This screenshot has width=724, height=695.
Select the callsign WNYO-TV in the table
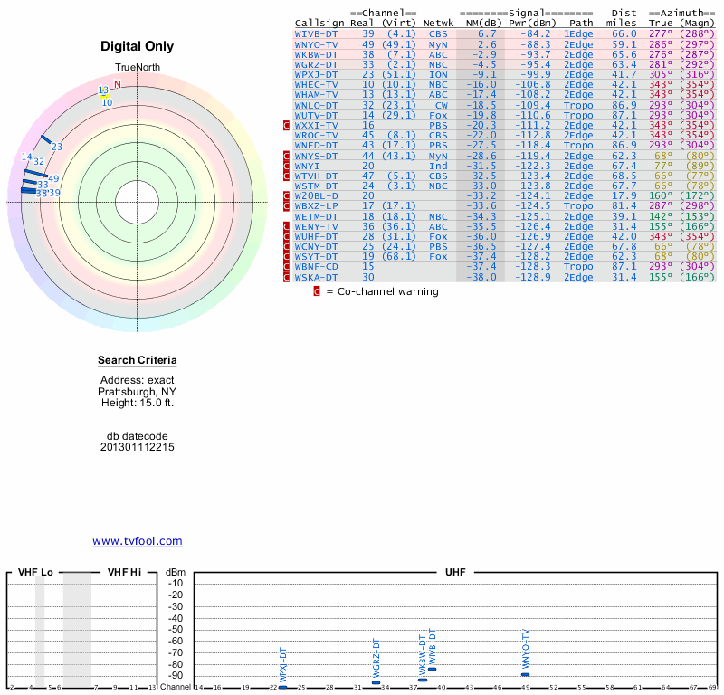(317, 43)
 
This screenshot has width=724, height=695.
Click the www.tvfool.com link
(138, 541)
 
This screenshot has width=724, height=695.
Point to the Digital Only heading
(138, 46)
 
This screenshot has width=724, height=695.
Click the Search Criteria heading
(138, 361)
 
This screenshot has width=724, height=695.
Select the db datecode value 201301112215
(138, 447)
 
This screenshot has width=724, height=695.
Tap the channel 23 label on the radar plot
(57, 147)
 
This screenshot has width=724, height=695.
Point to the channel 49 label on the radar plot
(53, 179)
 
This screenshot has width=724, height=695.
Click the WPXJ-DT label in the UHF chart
(283, 665)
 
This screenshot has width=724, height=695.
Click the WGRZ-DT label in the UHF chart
(376, 658)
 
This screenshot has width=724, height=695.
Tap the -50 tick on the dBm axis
(176, 630)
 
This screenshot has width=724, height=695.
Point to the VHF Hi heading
(124, 573)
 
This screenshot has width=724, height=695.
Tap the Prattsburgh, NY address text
(138, 392)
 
